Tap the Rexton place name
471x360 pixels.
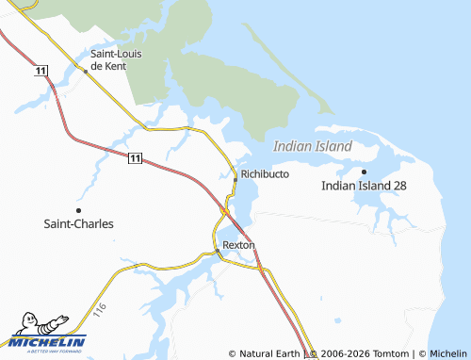[x=238, y=244]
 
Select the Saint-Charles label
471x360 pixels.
[x=79, y=224]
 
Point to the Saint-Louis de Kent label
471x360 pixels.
[x=117, y=59]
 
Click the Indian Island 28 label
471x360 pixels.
[x=364, y=187]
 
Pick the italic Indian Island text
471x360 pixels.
[x=312, y=146]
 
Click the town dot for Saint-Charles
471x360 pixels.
[x=78, y=210]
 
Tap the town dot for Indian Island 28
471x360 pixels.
[x=364, y=172]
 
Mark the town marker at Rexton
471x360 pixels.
[x=217, y=251]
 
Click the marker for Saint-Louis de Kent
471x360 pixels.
[x=86, y=70]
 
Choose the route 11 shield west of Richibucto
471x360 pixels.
[x=136, y=157]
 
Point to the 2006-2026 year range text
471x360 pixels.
[x=343, y=353]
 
